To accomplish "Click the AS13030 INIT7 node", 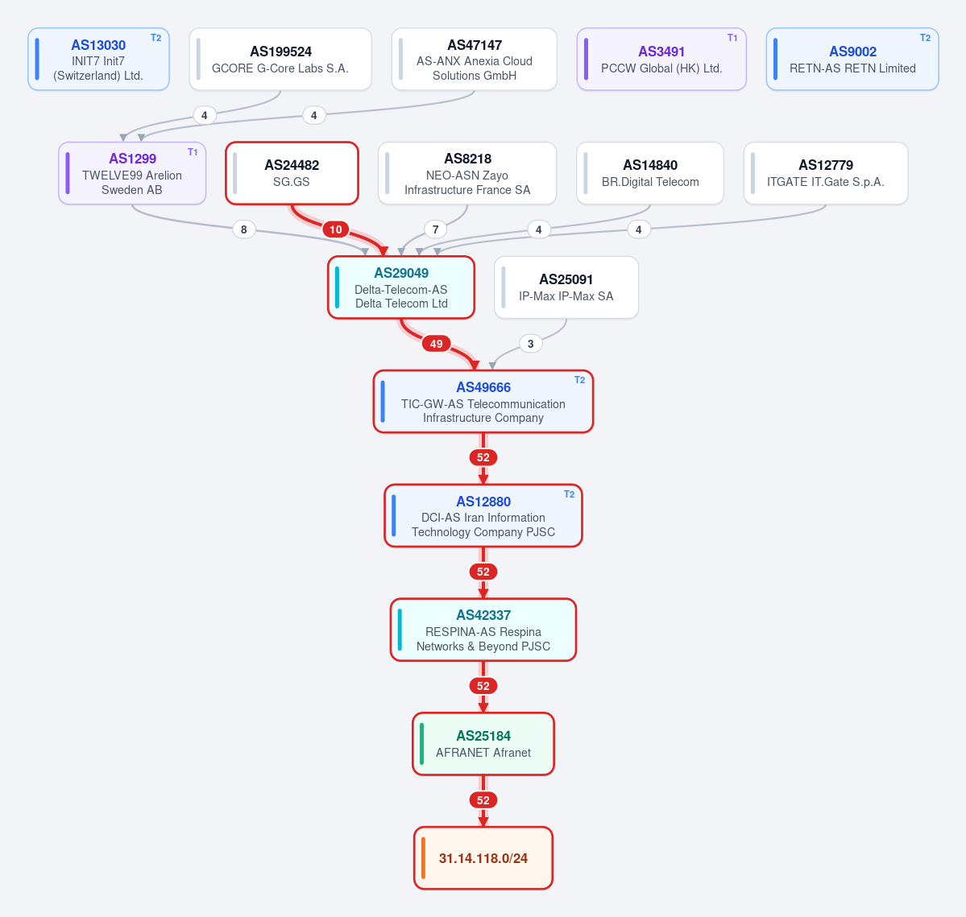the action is pyautogui.click(x=98, y=59).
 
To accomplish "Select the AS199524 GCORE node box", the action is pyautogui.click(x=280, y=59).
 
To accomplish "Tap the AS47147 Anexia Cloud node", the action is pyautogui.click(x=475, y=59).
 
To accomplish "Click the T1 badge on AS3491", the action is pyautogui.click(x=732, y=38).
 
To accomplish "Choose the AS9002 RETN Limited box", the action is pyautogui.click(x=852, y=59).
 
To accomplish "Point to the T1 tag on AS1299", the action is pyautogui.click(x=193, y=152).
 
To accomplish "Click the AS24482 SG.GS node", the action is pyautogui.click(x=292, y=173).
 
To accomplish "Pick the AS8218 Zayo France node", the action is pyautogui.click(x=467, y=173).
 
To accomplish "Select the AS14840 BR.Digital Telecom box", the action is pyautogui.click(x=650, y=173).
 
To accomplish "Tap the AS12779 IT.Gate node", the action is pyautogui.click(x=826, y=173).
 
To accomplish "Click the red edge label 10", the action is pyautogui.click(x=336, y=229).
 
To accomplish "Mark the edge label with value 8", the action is pyautogui.click(x=244, y=229).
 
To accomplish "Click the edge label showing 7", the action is pyautogui.click(x=436, y=229).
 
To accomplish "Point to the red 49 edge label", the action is pyautogui.click(x=436, y=344).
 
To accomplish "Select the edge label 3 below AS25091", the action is pyautogui.click(x=530, y=344).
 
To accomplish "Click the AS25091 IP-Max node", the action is pyautogui.click(x=566, y=287).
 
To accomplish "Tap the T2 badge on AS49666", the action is pyautogui.click(x=580, y=380).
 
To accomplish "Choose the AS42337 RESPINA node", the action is pyautogui.click(x=483, y=630).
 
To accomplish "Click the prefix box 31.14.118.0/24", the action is pyautogui.click(x=483, y=858).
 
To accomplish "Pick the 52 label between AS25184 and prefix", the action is pyautogui.click(x=483, y=800).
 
